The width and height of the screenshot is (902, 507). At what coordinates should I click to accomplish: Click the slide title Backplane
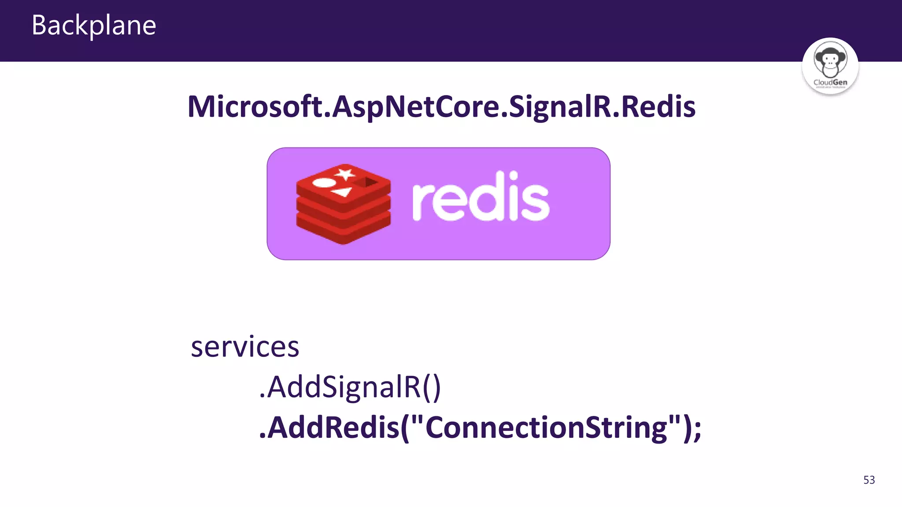(x=94, y=25)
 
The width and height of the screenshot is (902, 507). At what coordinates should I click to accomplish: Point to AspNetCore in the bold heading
(x=416, y=107)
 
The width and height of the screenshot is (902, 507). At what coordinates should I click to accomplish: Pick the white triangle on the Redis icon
(x=342, y=192)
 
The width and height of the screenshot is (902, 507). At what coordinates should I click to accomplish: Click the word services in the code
(x=245, y=347)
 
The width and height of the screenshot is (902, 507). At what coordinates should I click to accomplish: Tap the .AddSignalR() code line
(x=350, y=387)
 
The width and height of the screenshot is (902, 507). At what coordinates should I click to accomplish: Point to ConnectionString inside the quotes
(x=546, y=428)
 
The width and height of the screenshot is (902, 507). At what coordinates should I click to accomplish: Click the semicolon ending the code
(x=697, y=429)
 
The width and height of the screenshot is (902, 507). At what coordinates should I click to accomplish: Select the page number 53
(x=869, y=480)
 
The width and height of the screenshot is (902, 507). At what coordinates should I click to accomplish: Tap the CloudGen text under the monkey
(x=830, y=82)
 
